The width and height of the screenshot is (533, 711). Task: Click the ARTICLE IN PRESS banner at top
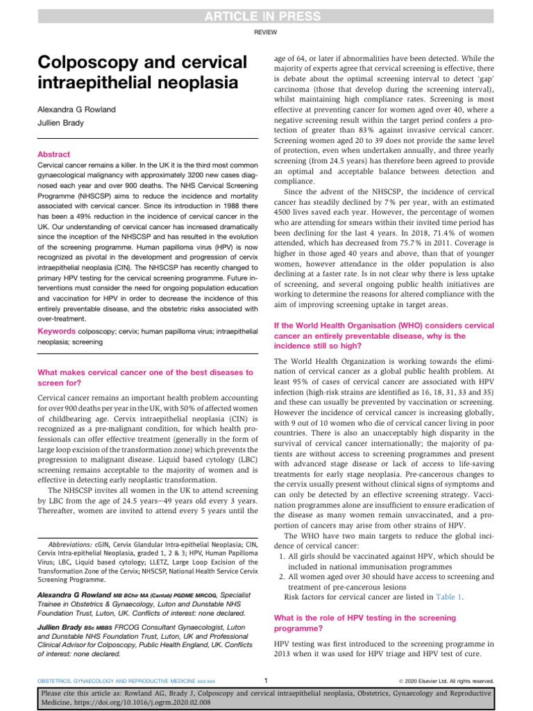click(x=266, y=16)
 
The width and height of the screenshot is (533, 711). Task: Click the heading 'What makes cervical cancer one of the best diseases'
click(x=144, y=373)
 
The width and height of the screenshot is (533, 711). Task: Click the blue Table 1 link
click(x=450, y=596)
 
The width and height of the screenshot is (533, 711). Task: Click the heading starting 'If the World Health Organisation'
click(x=394, y=325)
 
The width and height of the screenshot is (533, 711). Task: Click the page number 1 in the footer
click(x=266, y=681)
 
